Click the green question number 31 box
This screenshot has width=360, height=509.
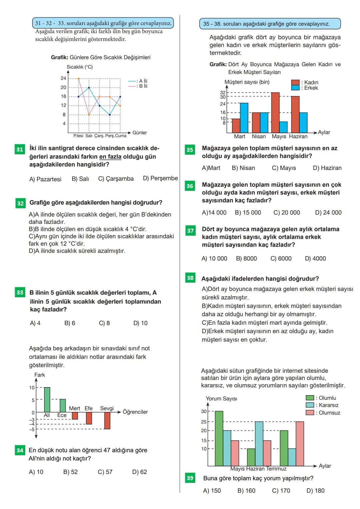[x=20, y=149]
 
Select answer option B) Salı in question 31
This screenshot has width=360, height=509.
[x=80, y=179]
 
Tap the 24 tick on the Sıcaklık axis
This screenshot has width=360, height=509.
[x=63, y=78]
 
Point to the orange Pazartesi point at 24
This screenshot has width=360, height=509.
[x=78, y=79]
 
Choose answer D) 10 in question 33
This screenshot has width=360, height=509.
[x=140, y=323]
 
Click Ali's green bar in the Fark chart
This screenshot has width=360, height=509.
[x=47, y=400]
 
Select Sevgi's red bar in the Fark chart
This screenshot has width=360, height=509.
[x=107, y=420]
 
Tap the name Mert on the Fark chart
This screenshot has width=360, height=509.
[x=74, y=408]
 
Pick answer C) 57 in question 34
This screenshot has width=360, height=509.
[x=105, y=472]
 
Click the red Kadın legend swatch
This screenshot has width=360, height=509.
[x=295, y=82]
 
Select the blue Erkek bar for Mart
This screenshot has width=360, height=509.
[x=244, y=118]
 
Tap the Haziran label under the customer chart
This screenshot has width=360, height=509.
[x=298, y=136]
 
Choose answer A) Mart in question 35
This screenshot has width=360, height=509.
[x=211, y=168]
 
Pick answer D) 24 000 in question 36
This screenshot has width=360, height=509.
[x=328, y=213]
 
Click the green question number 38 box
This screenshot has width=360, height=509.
[x=190, y=278]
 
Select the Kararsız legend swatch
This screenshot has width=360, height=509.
[x=310, y=405]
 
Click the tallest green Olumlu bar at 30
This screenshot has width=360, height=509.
[x=219, y=438]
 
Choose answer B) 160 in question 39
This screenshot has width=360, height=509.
[x=246, y=491]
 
